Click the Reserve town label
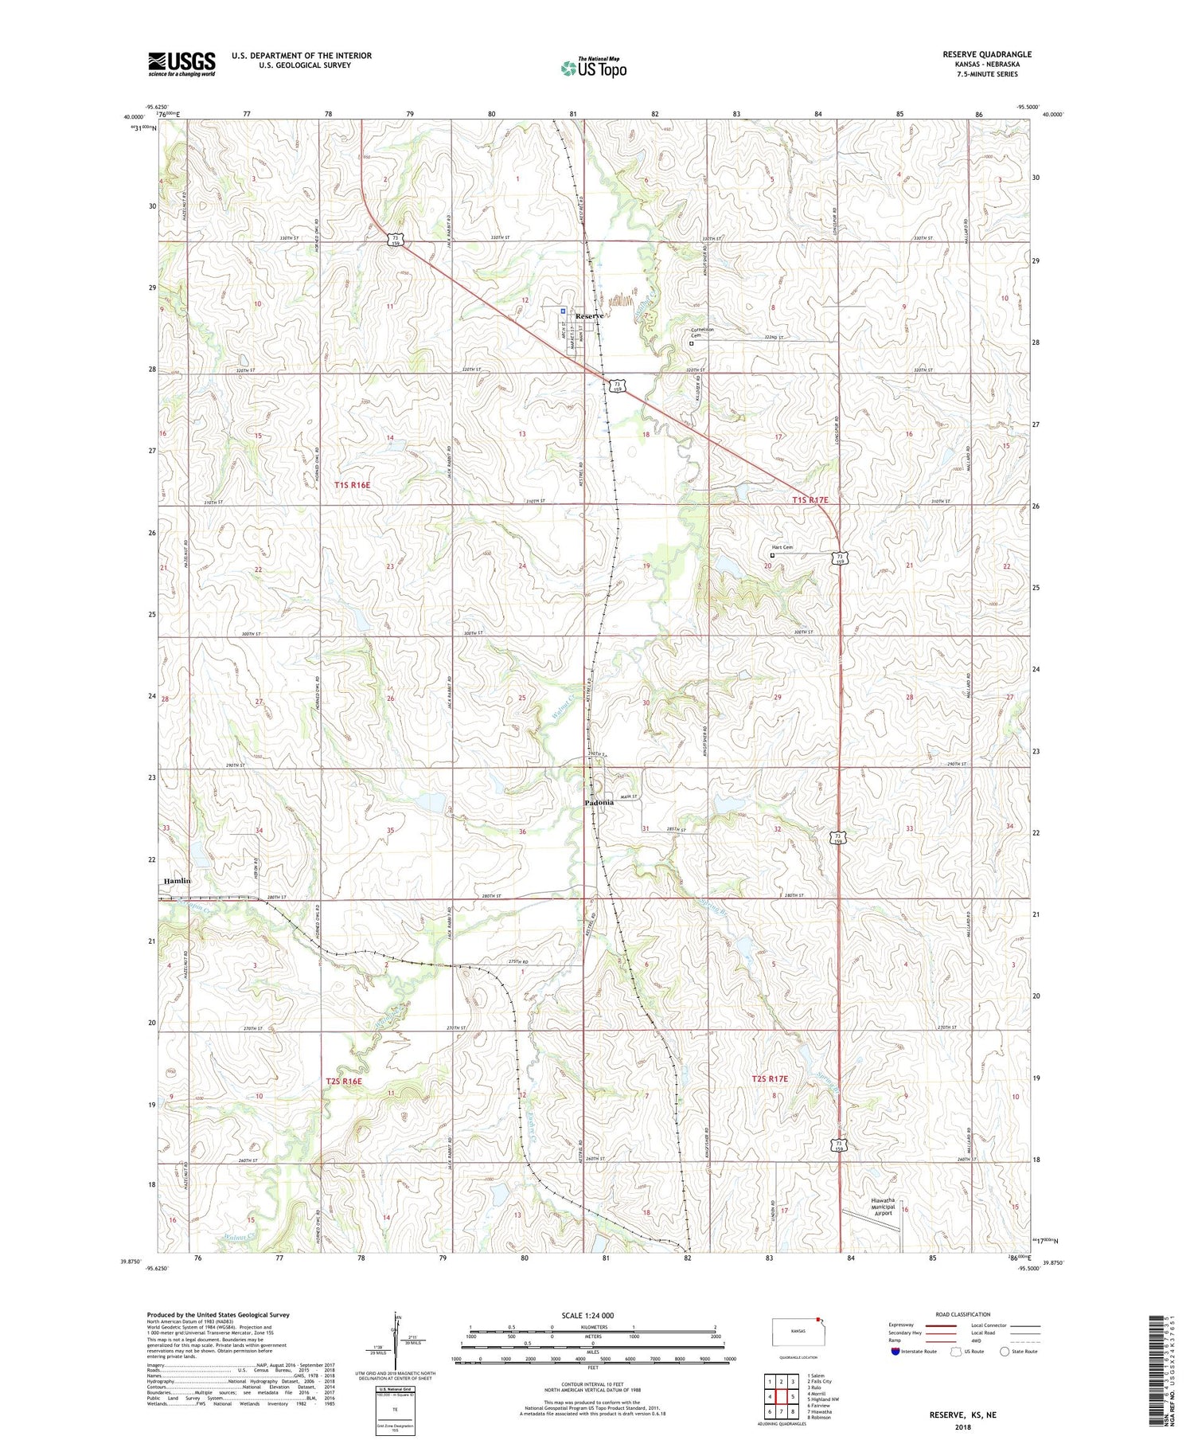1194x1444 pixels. coord(589,316)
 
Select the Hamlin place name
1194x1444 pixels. coord(178,880)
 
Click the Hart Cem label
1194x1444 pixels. coord(782,547)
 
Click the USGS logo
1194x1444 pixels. coord(181,64)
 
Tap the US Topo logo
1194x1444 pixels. coord(594,68)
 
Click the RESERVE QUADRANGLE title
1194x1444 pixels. coord(986,54)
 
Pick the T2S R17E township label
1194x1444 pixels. coord(770,1078)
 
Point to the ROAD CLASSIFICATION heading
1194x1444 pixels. coord(963,1314)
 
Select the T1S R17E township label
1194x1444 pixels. coord(810,499)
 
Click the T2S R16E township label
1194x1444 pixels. coord(344,1081)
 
